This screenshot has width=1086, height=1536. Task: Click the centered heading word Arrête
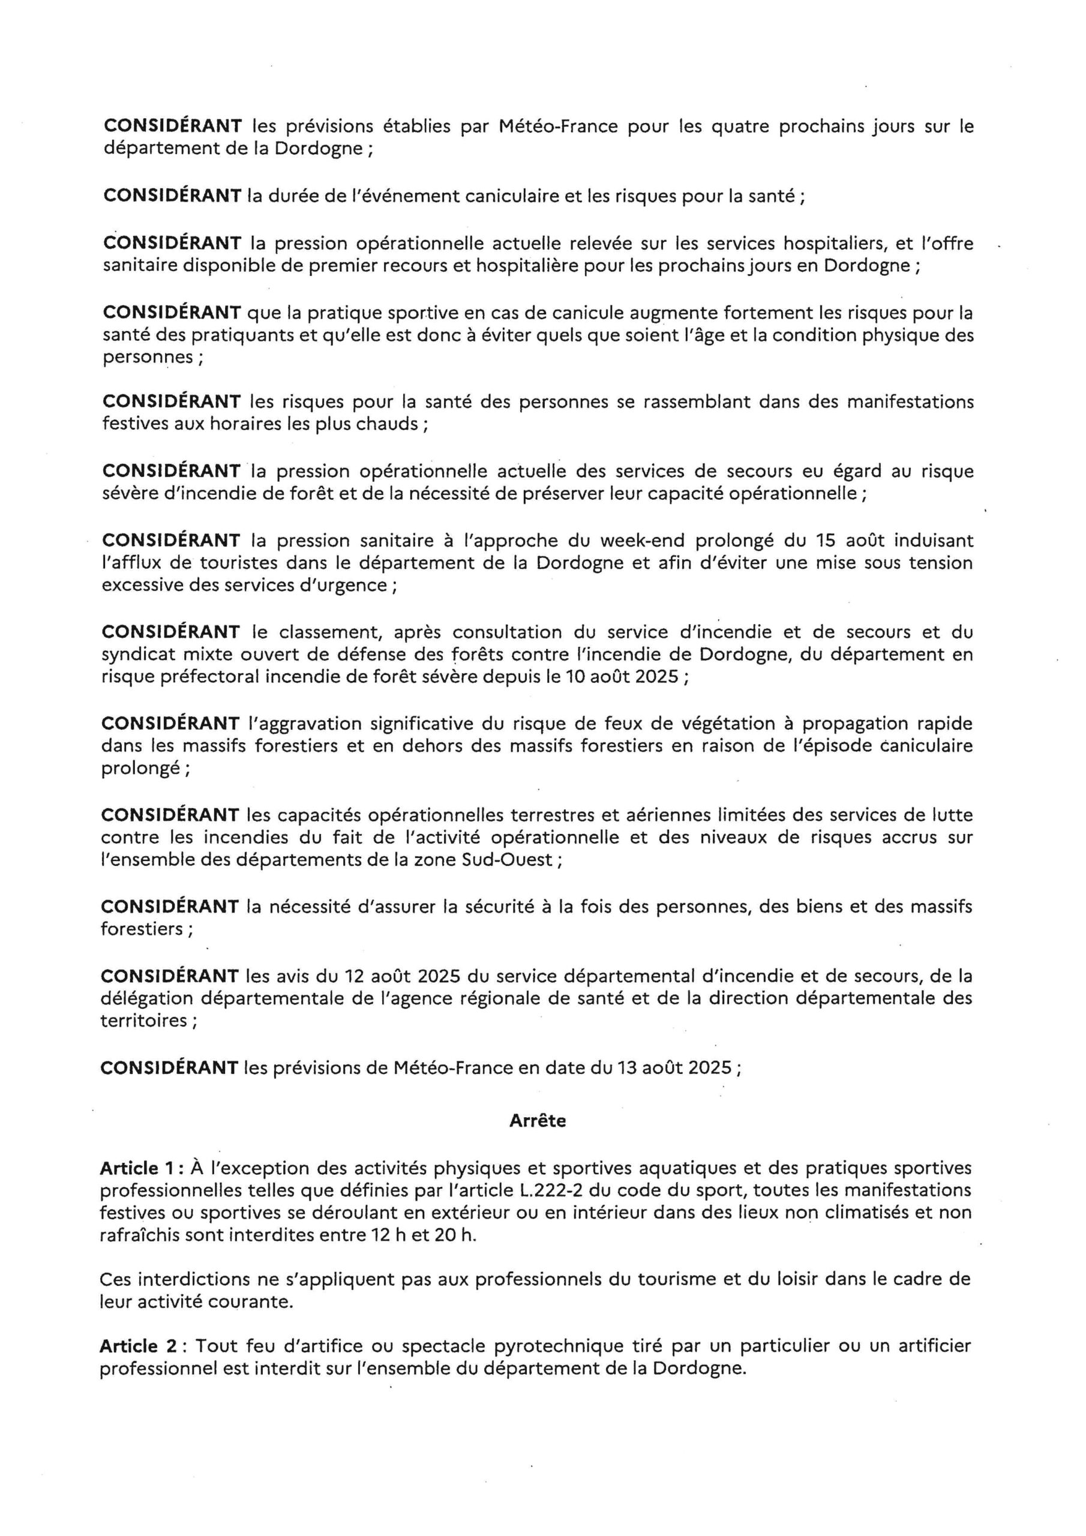point(538,1121)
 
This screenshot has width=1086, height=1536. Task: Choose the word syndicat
point(134,654)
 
